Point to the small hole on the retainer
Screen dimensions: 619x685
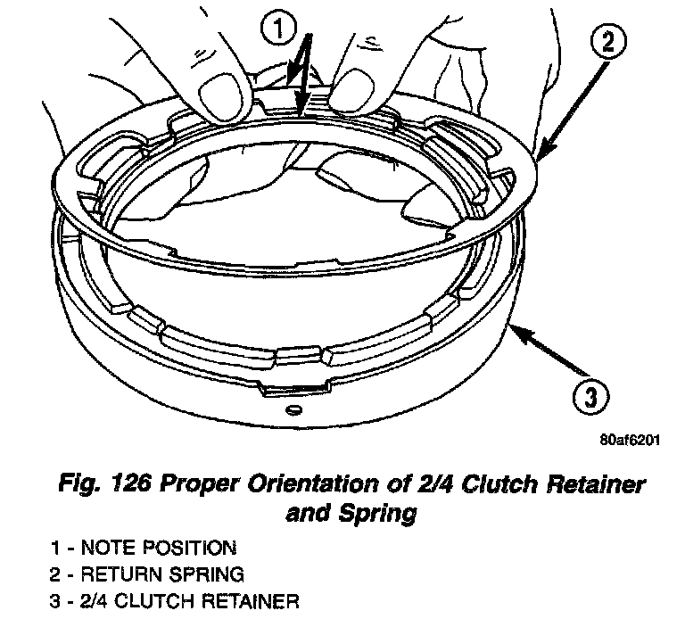click(x=292, y=410)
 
